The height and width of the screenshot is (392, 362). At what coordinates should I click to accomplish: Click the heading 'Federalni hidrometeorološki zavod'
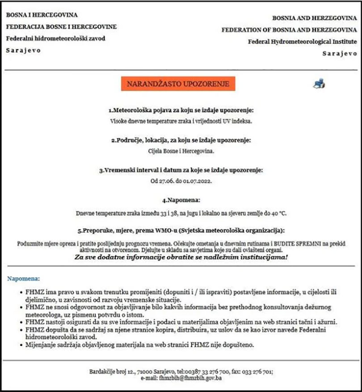coord(56,38)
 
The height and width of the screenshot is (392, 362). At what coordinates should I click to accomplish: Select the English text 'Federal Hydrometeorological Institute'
coord(303,42)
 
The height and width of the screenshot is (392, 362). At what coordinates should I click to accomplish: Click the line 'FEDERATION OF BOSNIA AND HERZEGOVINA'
coord(289,30)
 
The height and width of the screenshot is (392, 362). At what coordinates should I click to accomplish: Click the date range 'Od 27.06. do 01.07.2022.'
coord(181,182)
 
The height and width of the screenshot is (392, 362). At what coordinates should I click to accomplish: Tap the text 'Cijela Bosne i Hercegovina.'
coord(181,151)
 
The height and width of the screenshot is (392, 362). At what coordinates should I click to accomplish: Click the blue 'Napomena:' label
coord(24,278)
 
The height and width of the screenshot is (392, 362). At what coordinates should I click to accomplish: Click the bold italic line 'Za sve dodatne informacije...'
coord(181,257)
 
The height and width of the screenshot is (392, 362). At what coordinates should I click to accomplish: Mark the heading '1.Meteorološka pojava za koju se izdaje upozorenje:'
coord(181,110)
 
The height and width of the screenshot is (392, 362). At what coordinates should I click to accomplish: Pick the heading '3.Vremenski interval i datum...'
coord(181,170)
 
